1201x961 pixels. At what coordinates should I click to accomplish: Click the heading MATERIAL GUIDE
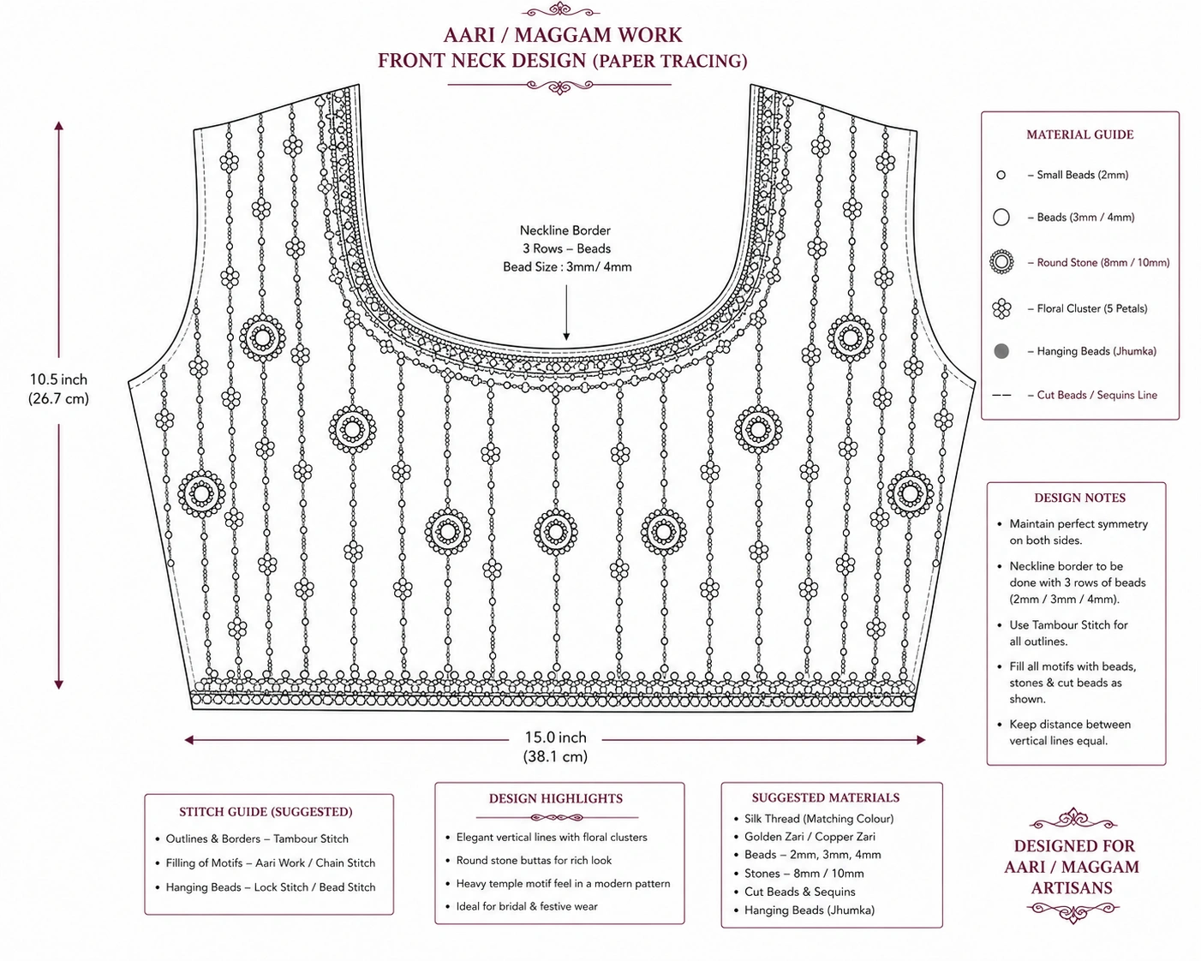click(x=1080, y=134)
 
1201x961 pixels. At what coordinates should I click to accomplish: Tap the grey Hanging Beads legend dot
click(x=1001, y=351)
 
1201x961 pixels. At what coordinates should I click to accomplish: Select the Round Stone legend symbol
click(x=1001, y=262)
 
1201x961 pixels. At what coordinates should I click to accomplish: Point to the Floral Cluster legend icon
click(x=1001, y=308)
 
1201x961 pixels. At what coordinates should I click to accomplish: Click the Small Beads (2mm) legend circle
click(x=1001, y=175)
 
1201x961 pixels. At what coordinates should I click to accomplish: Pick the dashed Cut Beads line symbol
click(x=1001, y=395)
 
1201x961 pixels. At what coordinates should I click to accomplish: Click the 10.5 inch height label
click(x=58, y=379)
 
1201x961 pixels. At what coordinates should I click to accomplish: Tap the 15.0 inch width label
click(x=555, y=737)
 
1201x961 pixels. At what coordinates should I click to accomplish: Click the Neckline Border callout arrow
click(x=566, y=313)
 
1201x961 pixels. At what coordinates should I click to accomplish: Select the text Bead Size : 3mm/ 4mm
click(x=567, y=266)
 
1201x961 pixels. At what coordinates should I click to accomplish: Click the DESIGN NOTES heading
click(x=1080, y=498)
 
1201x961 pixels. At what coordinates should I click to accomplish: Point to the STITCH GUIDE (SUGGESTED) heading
click(x=266, y=811)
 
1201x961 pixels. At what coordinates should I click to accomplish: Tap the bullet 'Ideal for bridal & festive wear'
click(x=526, y=906)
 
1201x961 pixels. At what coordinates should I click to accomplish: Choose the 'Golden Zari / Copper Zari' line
click(x=810, y=837)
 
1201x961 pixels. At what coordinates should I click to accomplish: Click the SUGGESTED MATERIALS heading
click(x=826, y=797)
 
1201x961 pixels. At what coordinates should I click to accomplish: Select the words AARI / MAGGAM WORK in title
click(x=563, y=35)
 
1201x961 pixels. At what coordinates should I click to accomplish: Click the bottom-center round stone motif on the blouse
click(x=556, y=532)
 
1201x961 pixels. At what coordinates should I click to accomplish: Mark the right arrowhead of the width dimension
click(x=921, y=740)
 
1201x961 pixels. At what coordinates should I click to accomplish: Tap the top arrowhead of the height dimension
click(x=58, y=126)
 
